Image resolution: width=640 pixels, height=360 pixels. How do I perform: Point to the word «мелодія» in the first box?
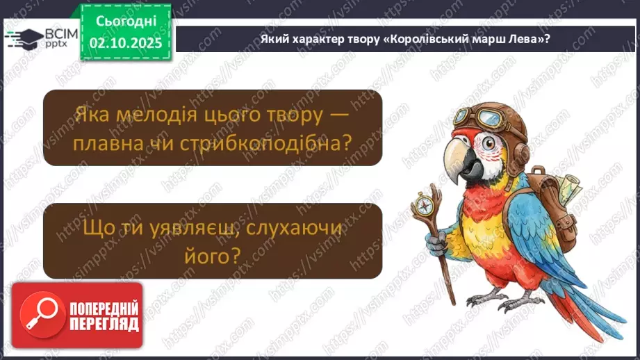coord(151,115)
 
